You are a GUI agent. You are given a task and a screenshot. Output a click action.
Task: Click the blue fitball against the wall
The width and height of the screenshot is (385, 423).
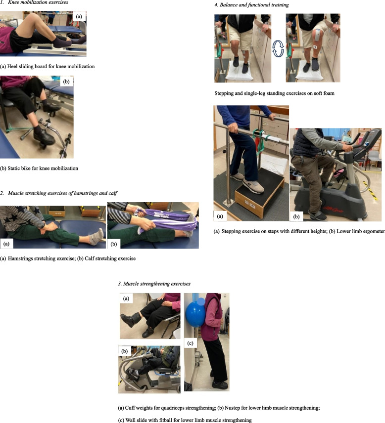[195, 314]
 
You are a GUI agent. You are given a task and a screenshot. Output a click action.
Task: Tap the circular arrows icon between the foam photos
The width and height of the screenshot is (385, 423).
[278, 48]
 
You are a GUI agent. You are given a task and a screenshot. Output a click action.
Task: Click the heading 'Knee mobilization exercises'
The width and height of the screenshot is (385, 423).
[38, 2]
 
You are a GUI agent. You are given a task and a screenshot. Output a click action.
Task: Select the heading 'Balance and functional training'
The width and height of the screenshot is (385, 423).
[254, 5]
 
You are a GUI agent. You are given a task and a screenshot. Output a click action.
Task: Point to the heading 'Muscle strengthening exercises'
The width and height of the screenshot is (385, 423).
[157, 284]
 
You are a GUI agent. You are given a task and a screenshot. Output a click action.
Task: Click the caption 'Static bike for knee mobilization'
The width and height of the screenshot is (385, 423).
[39, 169]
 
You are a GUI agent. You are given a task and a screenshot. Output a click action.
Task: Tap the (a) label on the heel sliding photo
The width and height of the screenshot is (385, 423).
[79, 16]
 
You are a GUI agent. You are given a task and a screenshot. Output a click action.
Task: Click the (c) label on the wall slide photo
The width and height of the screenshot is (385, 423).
[191, 343]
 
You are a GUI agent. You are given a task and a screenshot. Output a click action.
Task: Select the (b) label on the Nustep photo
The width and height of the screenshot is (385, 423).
[125, 351]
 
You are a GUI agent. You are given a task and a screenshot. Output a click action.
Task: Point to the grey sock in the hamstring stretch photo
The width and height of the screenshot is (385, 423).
[96, 237]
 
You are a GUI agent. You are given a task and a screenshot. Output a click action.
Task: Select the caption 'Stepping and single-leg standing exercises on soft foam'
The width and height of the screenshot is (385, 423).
[275, 93]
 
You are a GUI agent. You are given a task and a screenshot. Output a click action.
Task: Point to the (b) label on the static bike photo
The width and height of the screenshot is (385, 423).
[66, 82]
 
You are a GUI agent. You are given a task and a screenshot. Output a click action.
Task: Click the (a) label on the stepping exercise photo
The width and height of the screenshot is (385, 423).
[220, 216]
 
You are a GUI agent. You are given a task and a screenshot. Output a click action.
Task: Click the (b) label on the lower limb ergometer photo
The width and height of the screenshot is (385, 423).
[296, 216]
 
